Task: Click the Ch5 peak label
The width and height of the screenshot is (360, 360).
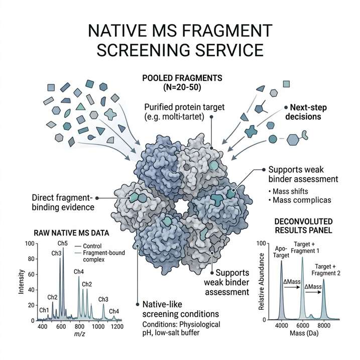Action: pos(62,244)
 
